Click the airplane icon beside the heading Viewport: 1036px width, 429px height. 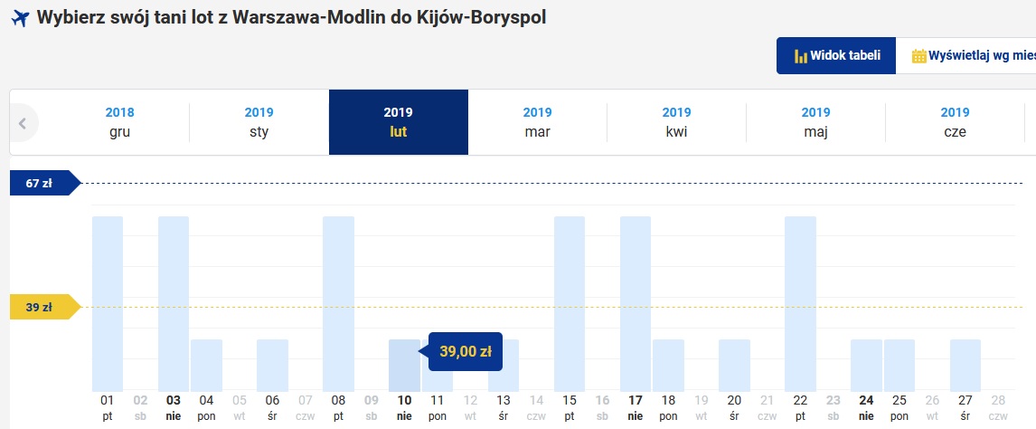pos(21,18)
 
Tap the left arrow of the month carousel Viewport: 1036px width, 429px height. pos(24,123)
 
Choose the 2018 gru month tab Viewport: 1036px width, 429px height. pos(119,122)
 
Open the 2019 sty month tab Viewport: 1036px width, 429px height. pos(259,122)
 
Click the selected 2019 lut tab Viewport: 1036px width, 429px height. pos(399,122)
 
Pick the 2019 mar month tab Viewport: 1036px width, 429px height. pos(537,122)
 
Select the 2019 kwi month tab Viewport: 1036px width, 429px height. pos(676,122)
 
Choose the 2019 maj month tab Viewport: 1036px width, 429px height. pos(815,122)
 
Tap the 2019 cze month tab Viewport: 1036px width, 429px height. pos(955,122)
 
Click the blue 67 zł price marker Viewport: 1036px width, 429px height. pos(45,183)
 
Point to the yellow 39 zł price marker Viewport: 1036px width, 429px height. pos(45,308)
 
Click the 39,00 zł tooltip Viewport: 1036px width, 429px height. pos(466,351)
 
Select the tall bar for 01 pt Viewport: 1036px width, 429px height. pos(107,303)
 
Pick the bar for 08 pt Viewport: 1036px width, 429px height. pos(338,303)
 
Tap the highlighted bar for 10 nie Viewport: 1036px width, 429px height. pos(404,366)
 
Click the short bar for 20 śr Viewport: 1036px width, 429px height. pos(734,366)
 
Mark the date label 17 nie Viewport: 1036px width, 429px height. pos(635,408)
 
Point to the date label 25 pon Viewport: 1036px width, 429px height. pos(899,408)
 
